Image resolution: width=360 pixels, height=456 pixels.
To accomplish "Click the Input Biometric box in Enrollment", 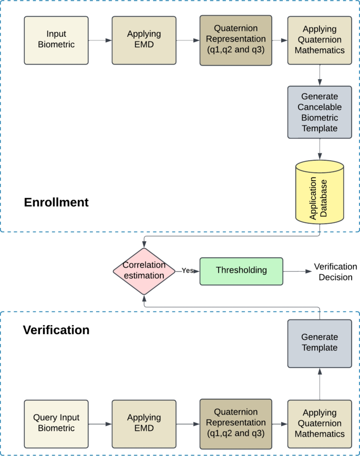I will click(x=56, y=40).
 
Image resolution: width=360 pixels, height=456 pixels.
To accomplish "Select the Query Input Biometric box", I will click(x=56, y=423).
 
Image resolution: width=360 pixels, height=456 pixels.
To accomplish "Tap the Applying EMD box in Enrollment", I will click(x=144, y=40).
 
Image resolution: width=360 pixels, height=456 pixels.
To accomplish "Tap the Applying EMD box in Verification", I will click(x=144, y=423).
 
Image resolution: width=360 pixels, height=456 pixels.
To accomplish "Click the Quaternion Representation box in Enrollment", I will click(x=235, y=40).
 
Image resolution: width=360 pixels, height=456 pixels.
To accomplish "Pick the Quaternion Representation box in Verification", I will click(x=235, y=423).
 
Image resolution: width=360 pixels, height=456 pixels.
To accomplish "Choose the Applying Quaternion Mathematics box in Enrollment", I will click(x=320, y=40).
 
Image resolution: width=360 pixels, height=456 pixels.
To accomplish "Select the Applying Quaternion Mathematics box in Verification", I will click(x=320, y=423).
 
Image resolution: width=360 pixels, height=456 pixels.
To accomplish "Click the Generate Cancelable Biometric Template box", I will click(x=320, y=112).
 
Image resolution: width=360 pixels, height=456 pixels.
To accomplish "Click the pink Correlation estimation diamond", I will click(x=143, y=271).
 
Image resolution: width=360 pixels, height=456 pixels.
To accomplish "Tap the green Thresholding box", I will click(x=241, y=271).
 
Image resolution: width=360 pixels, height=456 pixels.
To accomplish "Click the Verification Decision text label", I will click(x=335, y=272).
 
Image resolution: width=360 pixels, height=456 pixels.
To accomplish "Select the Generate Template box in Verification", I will click(x=320, y=343).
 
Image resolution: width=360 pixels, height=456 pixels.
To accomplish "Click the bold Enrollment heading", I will click(x=56, y=202).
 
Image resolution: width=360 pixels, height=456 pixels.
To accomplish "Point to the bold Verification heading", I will click(x=56, y=330).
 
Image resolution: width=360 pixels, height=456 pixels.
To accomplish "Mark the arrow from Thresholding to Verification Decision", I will click(x=297, y=271).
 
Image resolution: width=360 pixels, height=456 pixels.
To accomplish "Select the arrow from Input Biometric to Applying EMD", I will click(x=100, y=40).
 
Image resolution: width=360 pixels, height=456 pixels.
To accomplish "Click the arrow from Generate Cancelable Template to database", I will click(x=320, y=149).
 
